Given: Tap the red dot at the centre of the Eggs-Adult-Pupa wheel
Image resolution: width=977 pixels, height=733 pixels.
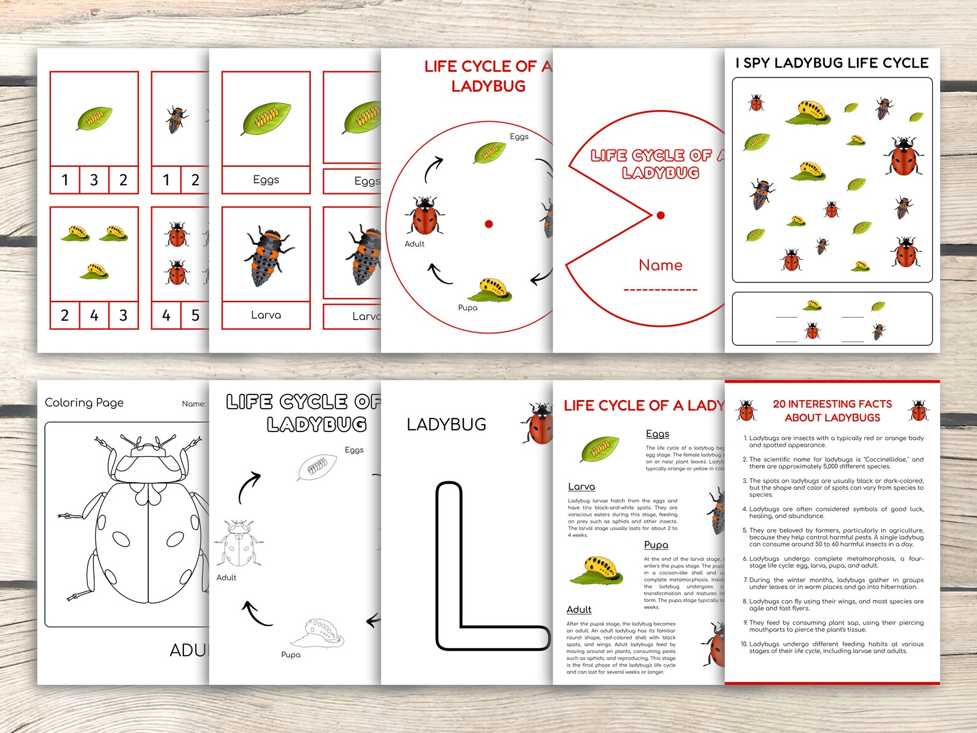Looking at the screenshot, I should pos(488,224).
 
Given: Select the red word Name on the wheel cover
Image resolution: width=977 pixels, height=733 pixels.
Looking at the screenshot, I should pos(660,265).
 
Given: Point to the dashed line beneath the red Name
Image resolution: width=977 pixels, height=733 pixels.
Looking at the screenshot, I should pos(660,289).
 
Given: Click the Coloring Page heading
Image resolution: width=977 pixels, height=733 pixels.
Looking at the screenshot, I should pos(84,403).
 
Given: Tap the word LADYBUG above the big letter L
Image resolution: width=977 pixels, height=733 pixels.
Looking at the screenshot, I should pos(446,424).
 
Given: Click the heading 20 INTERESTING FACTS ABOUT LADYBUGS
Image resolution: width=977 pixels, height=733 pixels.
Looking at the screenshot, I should pos(832,411).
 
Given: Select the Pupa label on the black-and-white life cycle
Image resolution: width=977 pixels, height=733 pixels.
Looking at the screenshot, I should pos(290,654).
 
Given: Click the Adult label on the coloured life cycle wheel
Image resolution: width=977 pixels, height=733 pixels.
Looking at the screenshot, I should pos(414,244).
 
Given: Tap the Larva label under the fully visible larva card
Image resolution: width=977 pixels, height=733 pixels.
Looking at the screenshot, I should pos(266,314).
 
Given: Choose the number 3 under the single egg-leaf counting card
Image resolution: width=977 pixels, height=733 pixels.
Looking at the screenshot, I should pos(94,180).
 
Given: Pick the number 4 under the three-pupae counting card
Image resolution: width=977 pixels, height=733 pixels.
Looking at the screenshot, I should pos(94,315).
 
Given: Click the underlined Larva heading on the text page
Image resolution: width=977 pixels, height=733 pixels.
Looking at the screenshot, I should pos(581,486).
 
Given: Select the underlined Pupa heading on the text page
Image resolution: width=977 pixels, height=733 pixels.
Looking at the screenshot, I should pos(656,545).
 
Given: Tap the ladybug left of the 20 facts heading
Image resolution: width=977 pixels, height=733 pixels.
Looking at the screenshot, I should pos(746,410).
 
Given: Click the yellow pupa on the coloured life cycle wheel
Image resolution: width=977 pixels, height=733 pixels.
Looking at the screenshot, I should pos(494,289).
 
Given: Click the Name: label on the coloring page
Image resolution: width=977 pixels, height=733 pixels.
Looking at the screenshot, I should pos(193,404).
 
